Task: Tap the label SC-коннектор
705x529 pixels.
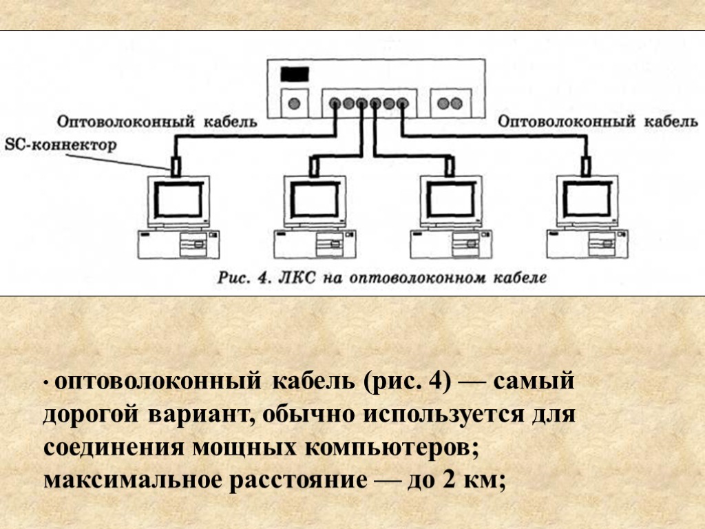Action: point(61,145)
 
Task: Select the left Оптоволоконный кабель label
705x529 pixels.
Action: point(157,122)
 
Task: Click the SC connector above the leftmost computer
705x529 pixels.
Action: point(176,165)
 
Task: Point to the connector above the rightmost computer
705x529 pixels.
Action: point(586,165)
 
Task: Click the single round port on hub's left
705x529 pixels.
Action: point(295,103)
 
